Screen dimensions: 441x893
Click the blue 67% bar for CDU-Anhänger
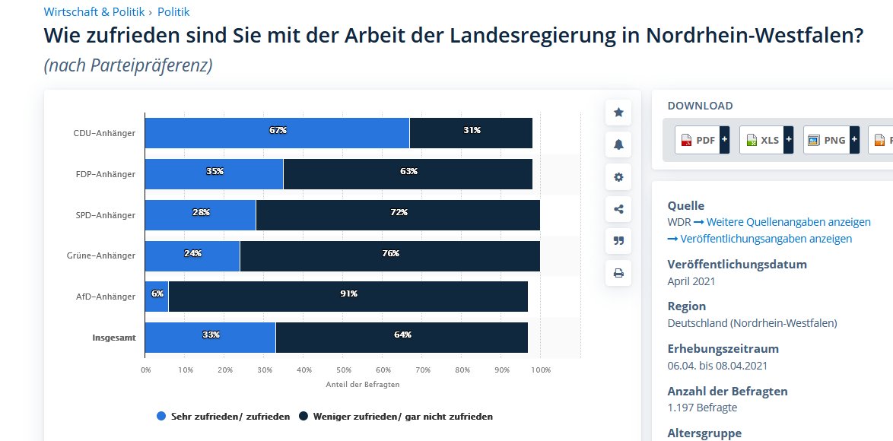tap(277, 133)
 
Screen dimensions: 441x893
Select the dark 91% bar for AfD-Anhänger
tap(348, 297)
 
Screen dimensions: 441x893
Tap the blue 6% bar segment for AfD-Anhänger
tap(157, 297)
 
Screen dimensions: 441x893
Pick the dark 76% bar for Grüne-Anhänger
tap(389, 255)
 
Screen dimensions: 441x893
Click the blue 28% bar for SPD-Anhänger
tap(201, 215)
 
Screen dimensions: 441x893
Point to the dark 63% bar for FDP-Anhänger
tap(407, 174)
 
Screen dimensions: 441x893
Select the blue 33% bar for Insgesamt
tap(211, 338)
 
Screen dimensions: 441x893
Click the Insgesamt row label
tap(114, 338)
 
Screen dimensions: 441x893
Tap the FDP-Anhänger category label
tap(105, 174)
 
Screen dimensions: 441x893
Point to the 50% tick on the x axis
tap(343, 370)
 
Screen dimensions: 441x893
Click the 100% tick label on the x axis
tap(541, 370)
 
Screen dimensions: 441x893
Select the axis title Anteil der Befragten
tap(362, 385)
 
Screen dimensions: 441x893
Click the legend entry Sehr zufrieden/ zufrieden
tap(223, 417)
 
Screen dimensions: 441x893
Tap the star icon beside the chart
tap(618, 113)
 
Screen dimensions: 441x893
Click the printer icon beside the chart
tap(618, 273)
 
